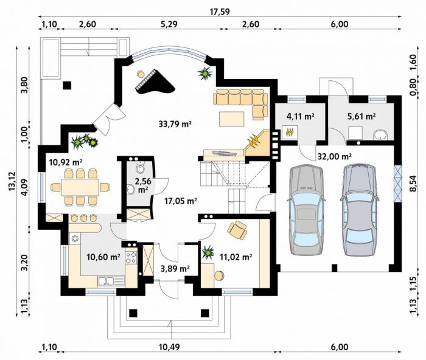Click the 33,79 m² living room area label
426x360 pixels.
175,124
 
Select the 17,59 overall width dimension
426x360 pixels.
220,12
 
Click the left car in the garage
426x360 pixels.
306,210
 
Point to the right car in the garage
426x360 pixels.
359,210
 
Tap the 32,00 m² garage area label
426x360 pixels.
335,156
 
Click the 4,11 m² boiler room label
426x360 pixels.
301,117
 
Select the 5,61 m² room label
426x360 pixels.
361,116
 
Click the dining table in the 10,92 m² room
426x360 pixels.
80,187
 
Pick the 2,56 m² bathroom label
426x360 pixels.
143,185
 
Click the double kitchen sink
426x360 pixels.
106,281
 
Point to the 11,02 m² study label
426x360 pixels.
236,257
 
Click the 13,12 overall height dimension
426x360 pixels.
12,181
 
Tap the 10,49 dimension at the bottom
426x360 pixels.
169,347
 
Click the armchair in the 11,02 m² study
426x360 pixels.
237,230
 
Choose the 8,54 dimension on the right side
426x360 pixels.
413,184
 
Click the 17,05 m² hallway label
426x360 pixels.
181,201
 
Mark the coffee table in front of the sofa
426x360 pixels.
232,119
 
